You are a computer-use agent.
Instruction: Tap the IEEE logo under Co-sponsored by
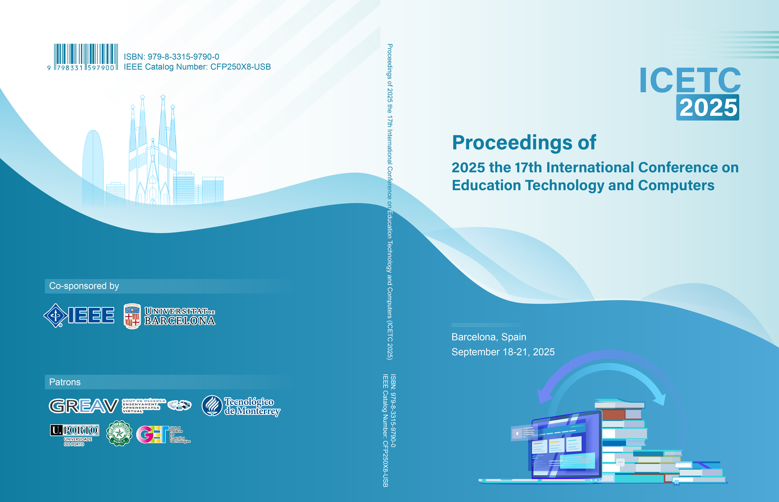point(79,315)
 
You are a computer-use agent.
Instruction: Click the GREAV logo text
point(84,406)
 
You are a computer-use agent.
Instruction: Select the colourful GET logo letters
point(152,435)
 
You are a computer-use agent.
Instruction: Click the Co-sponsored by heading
point(84,286)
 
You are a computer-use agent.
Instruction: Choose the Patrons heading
point(65,382)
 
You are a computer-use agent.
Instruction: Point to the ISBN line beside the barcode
point(171,57)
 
